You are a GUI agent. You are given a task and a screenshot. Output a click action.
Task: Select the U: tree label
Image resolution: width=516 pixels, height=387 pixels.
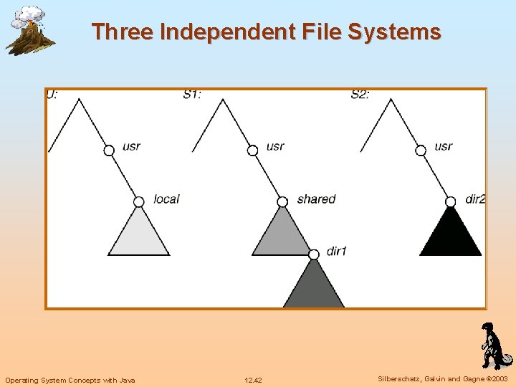(52, 94)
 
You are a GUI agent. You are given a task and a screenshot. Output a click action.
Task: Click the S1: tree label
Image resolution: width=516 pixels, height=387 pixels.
(191, 94)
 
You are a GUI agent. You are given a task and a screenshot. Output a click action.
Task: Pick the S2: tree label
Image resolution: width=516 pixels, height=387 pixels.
(360, 94)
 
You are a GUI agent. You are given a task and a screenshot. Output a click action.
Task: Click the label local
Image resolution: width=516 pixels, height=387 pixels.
(166, 199)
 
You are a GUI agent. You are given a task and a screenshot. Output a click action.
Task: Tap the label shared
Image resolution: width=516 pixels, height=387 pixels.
(316, 199)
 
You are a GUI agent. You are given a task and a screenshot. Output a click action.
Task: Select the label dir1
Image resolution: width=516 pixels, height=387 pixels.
(336, 251)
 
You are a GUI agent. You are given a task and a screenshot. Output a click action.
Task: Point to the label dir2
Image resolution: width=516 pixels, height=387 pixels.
(475, 199)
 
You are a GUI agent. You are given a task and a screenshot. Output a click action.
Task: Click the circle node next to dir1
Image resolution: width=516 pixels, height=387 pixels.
(313, 254)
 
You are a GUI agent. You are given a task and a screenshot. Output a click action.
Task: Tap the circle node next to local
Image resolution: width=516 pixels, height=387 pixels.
(139, 201)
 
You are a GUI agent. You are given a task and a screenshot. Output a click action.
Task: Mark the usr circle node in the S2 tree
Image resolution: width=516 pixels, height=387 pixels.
(421, 150)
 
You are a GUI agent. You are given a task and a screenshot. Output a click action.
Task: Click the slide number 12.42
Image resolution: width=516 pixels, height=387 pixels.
(253, 380)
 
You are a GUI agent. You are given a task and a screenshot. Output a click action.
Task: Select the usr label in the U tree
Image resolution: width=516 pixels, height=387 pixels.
(131, 146)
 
